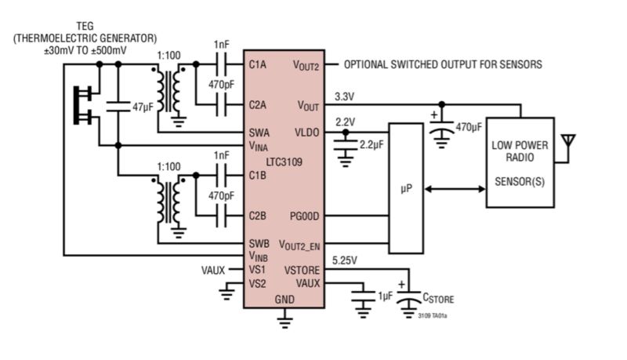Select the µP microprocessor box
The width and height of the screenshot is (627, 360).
[x=405, y=189]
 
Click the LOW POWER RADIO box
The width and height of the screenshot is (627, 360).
[x=520, y=162]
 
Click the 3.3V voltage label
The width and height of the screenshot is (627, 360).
[x=345, y=96]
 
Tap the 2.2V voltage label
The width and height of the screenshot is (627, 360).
[x=345, y=122]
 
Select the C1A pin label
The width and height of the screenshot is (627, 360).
[x=259, y=65]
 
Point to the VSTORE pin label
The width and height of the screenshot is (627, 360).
[x=303, y=270]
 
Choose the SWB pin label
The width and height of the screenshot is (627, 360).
[x=259, y=243]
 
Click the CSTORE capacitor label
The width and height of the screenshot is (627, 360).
[x=438, y=299]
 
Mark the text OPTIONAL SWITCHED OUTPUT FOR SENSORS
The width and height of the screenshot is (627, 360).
[x=443, y=65]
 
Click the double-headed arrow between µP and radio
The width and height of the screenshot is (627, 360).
[x=455, y=189]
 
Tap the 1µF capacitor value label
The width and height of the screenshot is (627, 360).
[x=386, y=296]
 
